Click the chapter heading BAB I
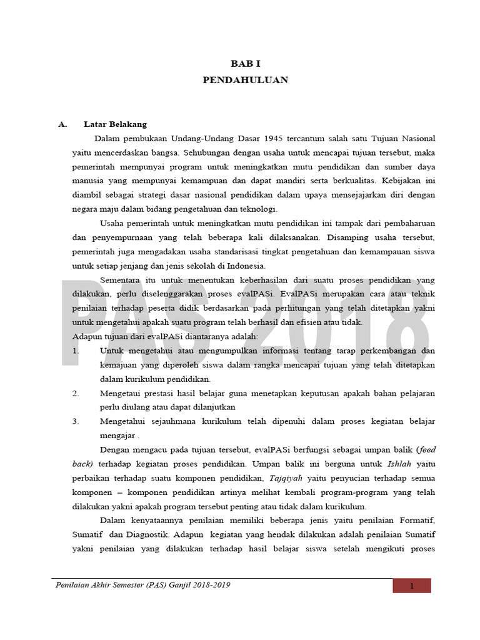pos(245,64)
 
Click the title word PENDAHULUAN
pos(245,80)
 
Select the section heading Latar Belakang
pos(115,124)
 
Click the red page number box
pos(412,586)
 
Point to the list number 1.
pos(76,351)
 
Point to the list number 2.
pos(76,393)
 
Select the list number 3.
pos(76,421)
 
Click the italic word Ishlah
pos(401,464)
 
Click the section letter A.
pos(62,124)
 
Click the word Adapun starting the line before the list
pos(87,337)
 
